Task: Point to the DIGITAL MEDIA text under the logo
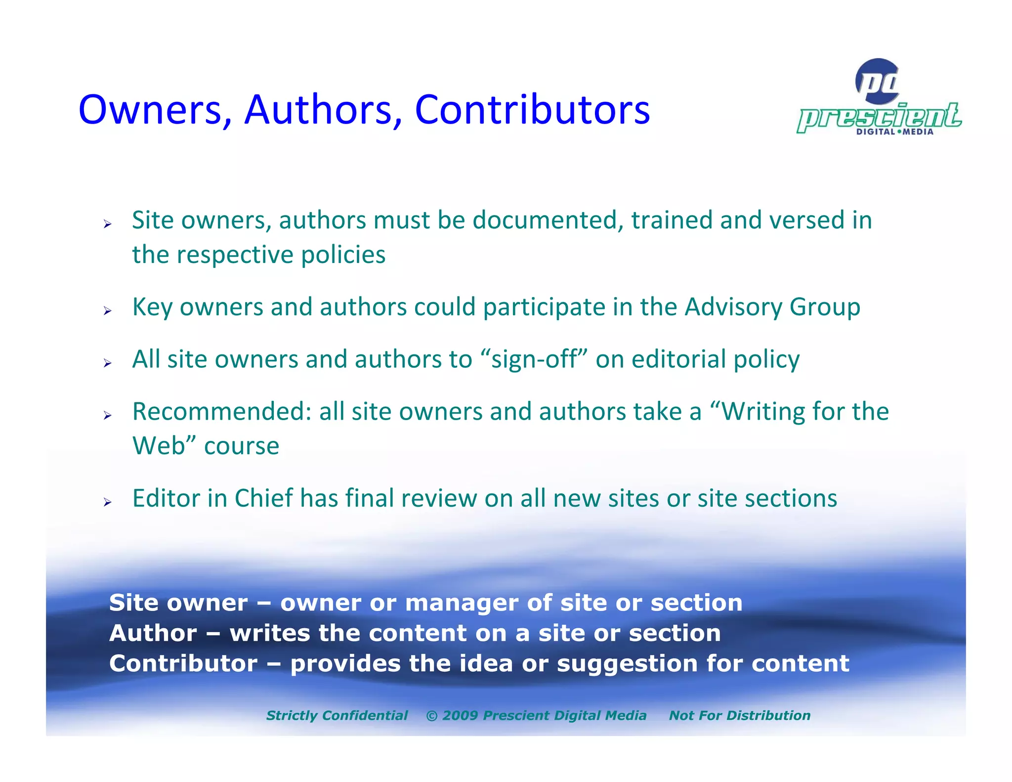(894, 131)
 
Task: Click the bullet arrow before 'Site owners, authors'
(108, 224)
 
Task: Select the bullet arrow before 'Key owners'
(108, 311)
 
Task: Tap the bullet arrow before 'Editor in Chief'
(108, 502)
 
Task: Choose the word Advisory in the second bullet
(733, 307)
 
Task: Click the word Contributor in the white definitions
(183, 663)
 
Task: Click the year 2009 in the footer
(460, 715)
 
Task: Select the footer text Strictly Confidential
(337, 715)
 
